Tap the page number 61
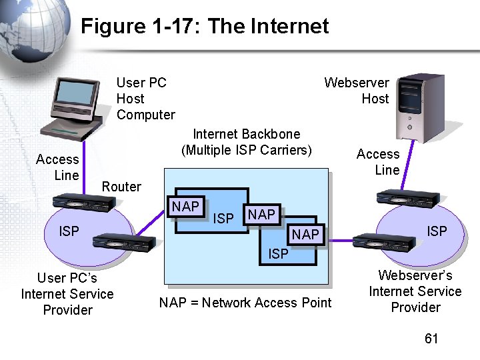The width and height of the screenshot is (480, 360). point(431,339)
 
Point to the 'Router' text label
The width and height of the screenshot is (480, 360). point(121,187)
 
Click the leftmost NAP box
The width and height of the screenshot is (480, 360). point(185,207)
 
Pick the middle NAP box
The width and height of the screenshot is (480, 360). point(261,215)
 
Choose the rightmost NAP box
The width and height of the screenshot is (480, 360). point(305,234)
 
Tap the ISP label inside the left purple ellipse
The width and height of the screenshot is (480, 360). point(69,231)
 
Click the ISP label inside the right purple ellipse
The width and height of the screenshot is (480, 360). point(437,231)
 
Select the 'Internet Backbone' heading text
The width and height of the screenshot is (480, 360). point(246,134)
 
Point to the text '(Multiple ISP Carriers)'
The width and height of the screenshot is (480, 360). point(246,150)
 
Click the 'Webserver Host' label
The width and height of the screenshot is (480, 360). point(357,91)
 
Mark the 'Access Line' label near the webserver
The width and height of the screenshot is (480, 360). point(378,162)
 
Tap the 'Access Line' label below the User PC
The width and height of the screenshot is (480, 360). point(57,167)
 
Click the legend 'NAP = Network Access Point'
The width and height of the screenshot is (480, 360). point(245,303)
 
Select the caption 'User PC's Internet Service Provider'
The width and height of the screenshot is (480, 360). point(67,294)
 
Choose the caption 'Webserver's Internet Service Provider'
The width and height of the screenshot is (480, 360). point(415,291)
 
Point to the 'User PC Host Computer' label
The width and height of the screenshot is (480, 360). point(145,99)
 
